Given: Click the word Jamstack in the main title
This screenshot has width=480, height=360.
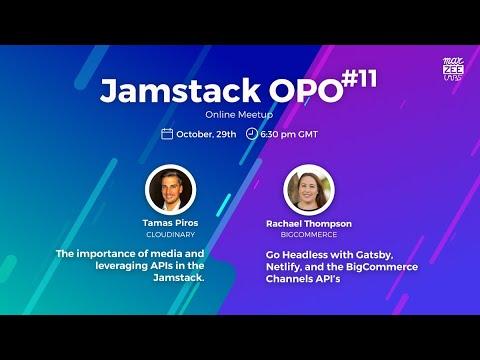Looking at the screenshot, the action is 180,90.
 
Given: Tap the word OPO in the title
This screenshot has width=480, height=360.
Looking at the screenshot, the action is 306,91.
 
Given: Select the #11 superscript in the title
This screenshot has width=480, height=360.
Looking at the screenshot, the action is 359,79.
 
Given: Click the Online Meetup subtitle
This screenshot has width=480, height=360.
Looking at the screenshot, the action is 239,115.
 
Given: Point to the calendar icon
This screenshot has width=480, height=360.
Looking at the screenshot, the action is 167,134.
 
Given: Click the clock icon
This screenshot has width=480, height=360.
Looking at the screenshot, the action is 251,134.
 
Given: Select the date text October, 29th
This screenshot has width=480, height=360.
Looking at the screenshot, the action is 206,134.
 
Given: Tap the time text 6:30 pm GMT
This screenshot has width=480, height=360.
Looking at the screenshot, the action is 289,134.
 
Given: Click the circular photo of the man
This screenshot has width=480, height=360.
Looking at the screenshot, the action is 170,190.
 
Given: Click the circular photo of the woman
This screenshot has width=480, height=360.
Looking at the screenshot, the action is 309,190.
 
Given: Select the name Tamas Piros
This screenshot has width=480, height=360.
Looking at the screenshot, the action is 170,223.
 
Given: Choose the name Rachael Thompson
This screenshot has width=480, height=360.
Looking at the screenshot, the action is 309,224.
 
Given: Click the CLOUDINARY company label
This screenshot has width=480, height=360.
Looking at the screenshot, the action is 170,235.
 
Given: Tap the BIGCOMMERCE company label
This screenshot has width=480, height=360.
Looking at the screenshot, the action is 309,235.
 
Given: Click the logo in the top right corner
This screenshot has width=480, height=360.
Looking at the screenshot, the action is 453,69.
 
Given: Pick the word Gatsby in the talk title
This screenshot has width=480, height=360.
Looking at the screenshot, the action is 374,255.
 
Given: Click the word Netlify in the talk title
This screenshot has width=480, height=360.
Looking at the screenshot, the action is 283,267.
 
